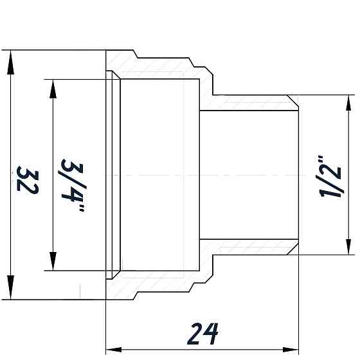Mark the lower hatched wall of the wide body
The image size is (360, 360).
161,283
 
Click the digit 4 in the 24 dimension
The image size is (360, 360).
212,334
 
